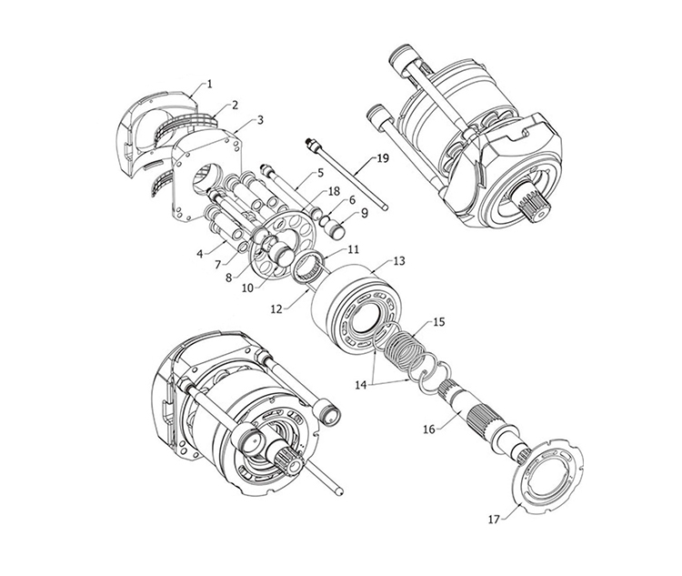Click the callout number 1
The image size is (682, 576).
(210, 84)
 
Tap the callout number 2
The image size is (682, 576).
(235, 105)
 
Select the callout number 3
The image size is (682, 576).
(260, 120)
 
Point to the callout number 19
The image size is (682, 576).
(382, 158)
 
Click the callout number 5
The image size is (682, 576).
(321, 173)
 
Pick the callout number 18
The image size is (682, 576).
(334, 191)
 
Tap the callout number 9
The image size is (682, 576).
(365, 213)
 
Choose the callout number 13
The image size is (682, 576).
(399, 261)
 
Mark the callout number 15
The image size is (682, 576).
(439, 322)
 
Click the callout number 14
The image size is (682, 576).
(361, 385)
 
